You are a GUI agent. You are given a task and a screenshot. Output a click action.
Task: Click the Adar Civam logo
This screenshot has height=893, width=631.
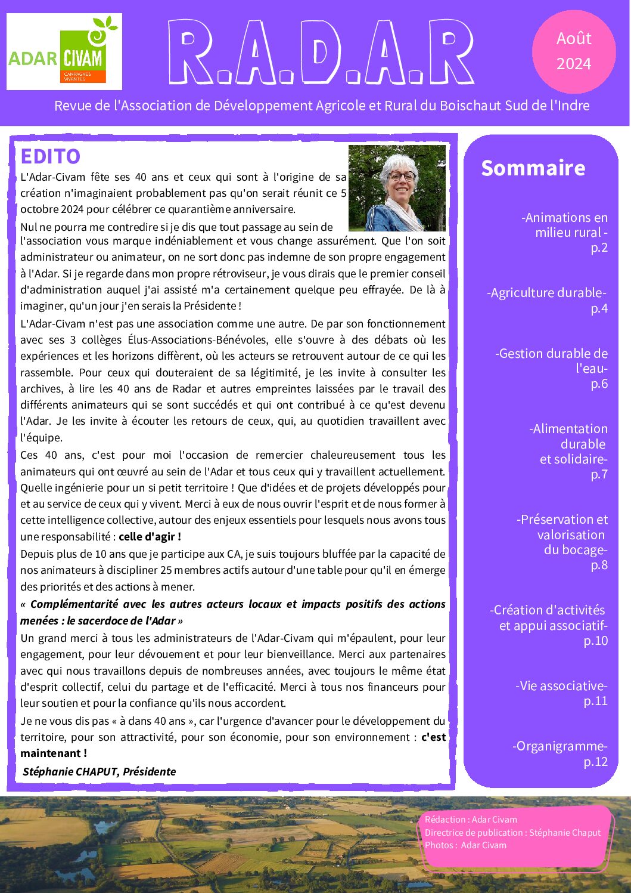pos(64,52)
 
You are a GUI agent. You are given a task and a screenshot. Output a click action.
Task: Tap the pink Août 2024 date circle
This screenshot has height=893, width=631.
pos(573,51)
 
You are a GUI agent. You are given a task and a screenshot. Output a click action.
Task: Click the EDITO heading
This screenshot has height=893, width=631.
pos(50,156)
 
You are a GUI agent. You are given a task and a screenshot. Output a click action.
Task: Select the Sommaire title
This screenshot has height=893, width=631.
pos(533,168)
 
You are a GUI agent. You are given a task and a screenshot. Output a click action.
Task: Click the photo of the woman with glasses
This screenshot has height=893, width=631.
pos(397,188)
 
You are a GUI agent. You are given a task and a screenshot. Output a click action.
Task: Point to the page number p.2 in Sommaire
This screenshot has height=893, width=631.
pos(599,248)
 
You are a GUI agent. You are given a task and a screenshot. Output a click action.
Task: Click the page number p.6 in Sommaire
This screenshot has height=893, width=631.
pos(599,384)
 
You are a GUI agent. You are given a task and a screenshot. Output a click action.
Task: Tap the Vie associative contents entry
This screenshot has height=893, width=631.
pos(561,686)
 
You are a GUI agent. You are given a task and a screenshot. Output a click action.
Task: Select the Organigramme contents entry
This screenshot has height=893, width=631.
pos(559,746)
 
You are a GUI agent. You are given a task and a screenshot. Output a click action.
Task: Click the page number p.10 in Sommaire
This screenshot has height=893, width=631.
pos(595,641)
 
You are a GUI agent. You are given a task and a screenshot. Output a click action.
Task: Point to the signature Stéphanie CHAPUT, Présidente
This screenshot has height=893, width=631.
pos(99,771)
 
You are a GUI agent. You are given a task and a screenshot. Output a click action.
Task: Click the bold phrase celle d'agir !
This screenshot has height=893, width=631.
pos(150,536)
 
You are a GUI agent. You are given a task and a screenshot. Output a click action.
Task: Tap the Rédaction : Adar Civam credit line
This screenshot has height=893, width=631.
pos(471,820)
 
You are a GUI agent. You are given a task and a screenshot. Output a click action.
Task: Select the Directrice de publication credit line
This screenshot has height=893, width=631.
pos(512,833)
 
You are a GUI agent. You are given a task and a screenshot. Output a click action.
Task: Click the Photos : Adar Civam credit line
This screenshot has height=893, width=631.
pos(465,845)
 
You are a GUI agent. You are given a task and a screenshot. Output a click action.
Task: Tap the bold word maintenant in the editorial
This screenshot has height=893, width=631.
pos(51,753)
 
